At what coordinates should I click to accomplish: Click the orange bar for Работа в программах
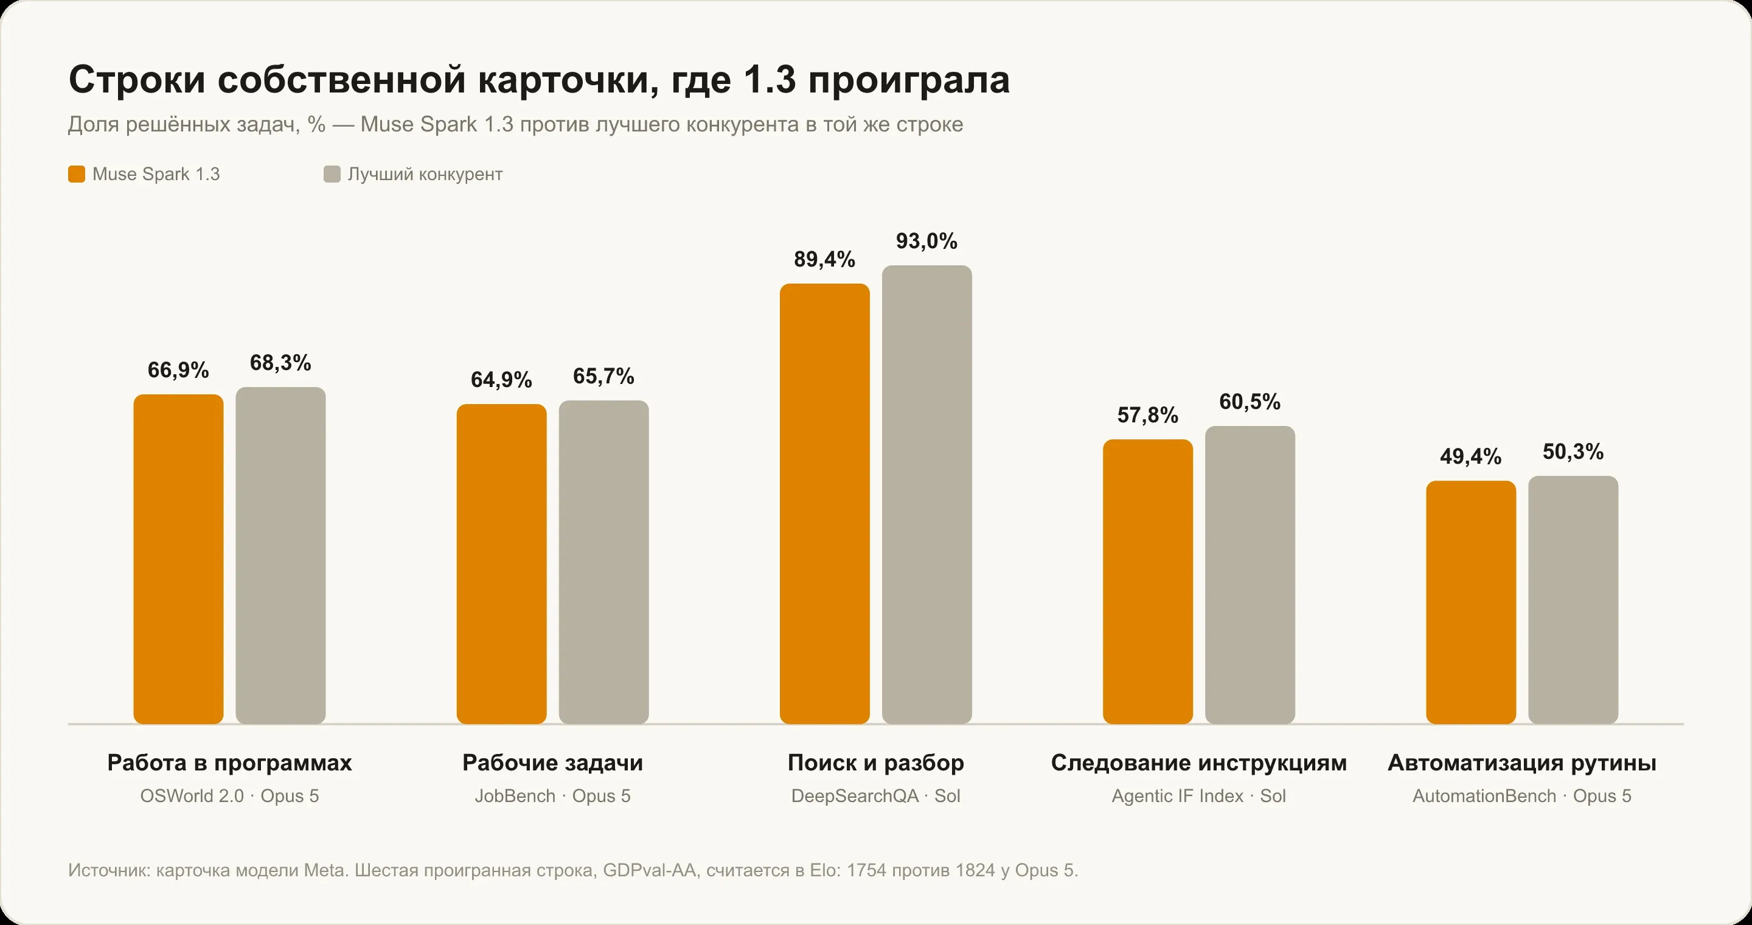click(x=178, y=559)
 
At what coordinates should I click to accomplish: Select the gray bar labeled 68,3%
click(x=281, y=556)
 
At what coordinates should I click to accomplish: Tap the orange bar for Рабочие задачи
click(x=501, y=564)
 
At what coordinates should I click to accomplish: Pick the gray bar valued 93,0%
click(x=927, y=495)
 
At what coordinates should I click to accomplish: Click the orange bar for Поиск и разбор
click(x=824, y=504)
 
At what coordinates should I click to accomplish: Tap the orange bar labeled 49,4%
click(x=1471, y=602)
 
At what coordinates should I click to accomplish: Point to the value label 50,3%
click(x=1573, y=452)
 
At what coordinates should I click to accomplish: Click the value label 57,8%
click(x=1148, y=415)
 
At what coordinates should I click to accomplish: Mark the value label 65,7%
click(x=604, y=376)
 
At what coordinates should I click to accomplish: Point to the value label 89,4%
click(x=824, y=259)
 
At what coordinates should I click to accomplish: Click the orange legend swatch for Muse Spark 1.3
click(x=77, y=174)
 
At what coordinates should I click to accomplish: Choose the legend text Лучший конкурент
click(x=425, y=174)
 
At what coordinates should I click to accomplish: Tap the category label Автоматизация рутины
click(x=1522, y=763)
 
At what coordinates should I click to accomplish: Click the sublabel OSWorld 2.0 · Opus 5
click(x=230, y=796)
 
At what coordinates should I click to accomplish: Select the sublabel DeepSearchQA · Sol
click(x=876, y=796)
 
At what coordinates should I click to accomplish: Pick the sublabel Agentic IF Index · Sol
click(x=1199, y=796)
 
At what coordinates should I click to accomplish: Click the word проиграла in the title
click(x=909, y=80)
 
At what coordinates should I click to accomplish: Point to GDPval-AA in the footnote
click(x=650, y=870)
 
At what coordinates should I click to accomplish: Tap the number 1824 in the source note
click(x=975, y=870)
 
